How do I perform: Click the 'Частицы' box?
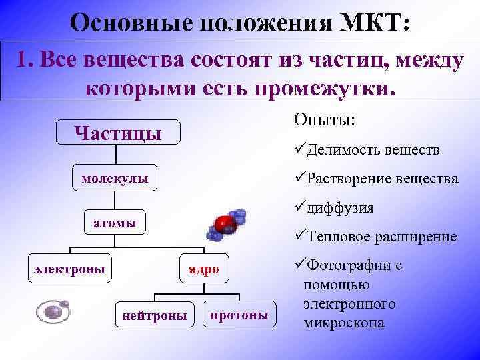(x=118, y=132)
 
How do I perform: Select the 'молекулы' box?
(x=115, y=178)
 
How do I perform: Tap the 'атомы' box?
(x=115, y=223)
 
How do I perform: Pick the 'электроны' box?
(x=69, y=269)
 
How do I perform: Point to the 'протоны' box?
(x=239, y=314)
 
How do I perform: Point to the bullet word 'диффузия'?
(x=340, y=208)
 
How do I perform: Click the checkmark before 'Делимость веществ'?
(x=298, y=149)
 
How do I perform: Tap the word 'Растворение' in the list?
(x=347, y=179)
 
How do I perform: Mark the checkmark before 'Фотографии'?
(x=298, y=265)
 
